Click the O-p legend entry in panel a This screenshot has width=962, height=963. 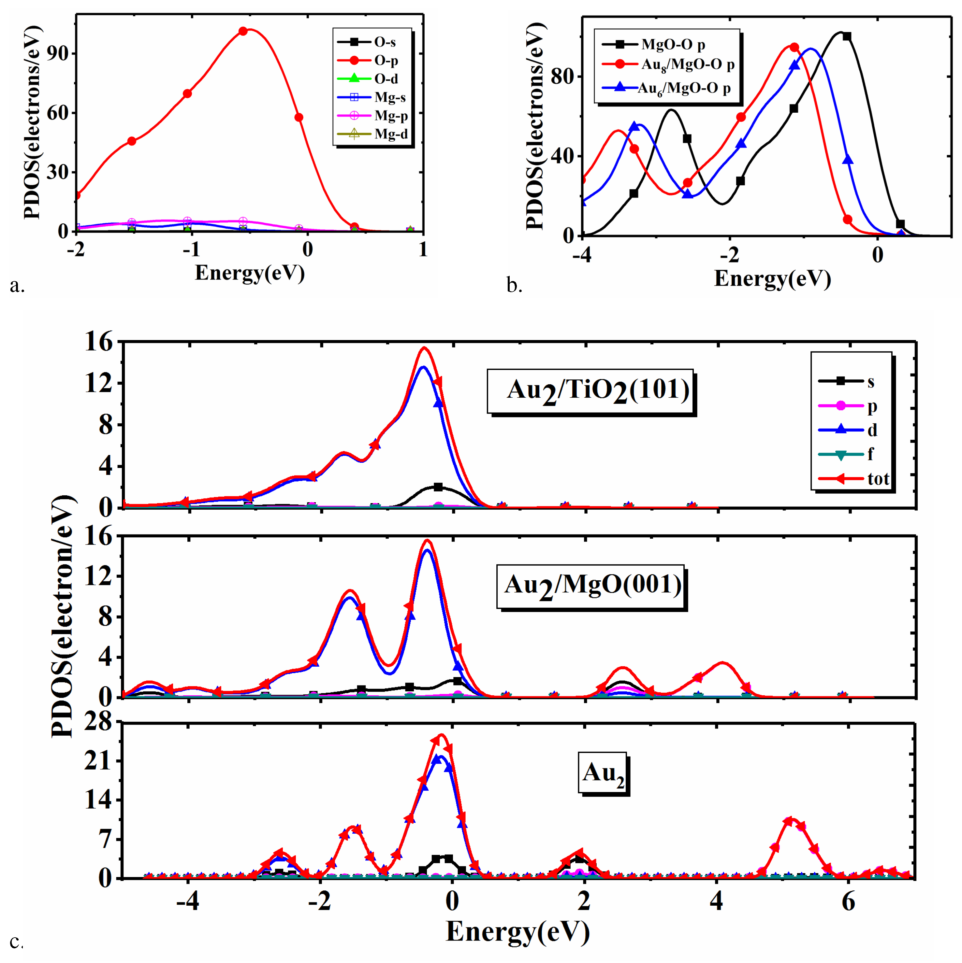[372, 60]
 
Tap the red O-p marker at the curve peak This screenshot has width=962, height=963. [243, 31]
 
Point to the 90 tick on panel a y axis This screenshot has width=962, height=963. [57, 53]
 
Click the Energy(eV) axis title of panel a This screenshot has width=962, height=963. [249, 273]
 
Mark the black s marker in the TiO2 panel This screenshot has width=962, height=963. [438, 487]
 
